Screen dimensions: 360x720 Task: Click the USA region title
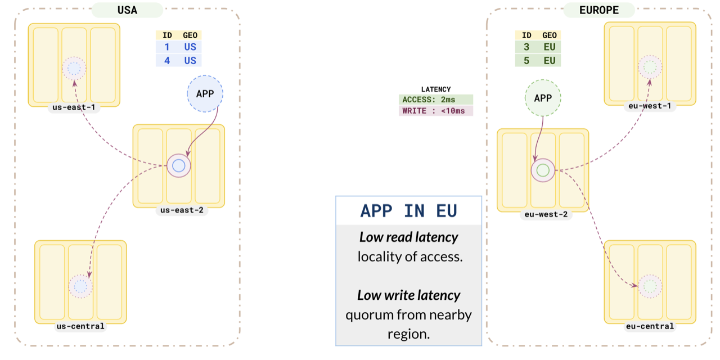coord(127,10)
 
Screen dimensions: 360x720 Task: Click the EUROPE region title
coord(599,10)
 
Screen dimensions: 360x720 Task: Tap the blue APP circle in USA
coord(205,94)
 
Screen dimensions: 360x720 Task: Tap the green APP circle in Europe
coord(543,98)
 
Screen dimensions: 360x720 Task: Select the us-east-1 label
coord(74,108)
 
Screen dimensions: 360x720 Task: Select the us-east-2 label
coord(179,210)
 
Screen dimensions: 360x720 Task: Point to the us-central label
coord(80,326)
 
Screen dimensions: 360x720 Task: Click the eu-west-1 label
coord(650,106)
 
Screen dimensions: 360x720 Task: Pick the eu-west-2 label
coord(543,214)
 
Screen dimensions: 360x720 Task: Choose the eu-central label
coord(650,326)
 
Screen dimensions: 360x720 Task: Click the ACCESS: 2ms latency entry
coord(436,100)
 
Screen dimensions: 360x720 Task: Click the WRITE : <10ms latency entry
coord(436,111)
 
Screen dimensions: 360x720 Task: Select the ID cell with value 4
coord(167,60)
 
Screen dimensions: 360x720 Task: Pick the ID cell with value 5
coord(526,60)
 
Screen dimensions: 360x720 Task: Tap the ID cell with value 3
coord(526,47)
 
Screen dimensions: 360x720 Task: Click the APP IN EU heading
coord(408,211)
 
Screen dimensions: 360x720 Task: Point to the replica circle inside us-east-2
coord(179,165)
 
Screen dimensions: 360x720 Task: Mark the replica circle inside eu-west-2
coord(543,170)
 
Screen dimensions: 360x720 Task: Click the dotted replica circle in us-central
coord(80,286)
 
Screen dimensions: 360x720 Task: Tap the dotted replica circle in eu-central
coord(650,286)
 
